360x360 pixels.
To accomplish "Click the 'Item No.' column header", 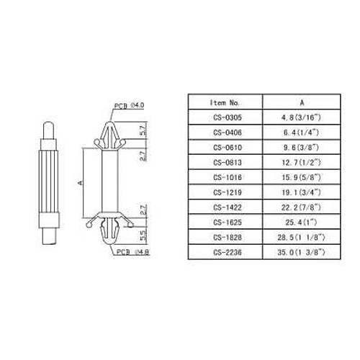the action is [x=225, y=103].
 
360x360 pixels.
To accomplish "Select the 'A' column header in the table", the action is [x=302, y=102].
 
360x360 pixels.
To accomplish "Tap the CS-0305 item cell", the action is [x=228, y=117].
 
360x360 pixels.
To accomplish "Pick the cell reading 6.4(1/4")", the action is [x=301, y=132].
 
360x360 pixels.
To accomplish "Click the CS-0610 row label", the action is [x=228, y=148].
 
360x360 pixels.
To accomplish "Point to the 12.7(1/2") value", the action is [x=301, y=163].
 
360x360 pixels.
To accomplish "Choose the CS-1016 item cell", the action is [x=228, y=177].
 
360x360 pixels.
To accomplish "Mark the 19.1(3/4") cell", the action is [x=301, y=192].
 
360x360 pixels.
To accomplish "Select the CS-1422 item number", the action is [x=228, y=207].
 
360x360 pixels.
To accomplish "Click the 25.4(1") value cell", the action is [x=301, y=222].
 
